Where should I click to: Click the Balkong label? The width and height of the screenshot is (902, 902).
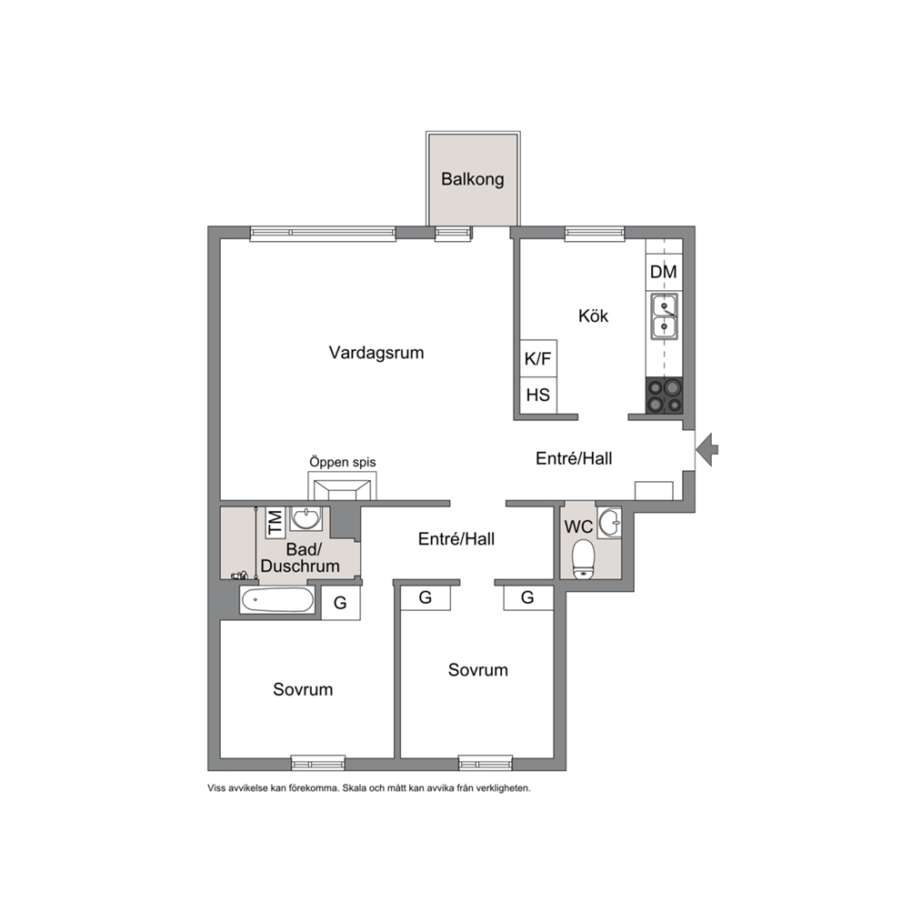pyautogui.click(x=472, y=179)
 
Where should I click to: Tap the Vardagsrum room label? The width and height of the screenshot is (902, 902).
pyautogui.click(x=376, y=352)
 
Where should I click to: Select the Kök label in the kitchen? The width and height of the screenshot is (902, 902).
pyautogui.click(x=593, y=316)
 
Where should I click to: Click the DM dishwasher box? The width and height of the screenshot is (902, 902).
pyautogui.click(x=664, y=272)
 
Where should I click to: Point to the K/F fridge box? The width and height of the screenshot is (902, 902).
pyautogui.click(x=538, y=358)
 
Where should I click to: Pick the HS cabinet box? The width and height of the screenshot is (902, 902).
pyautogui.click(x=538, y=396)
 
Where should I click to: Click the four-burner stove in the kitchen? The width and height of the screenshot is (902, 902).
pyautogui.click(x=665, y=396)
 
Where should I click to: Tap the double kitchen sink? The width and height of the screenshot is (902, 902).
pyautogui.click(x=664, y=316)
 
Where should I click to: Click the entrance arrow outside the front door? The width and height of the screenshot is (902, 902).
pyautogui.click(x=707, y=448)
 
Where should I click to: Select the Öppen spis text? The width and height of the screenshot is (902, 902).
pyautogui.click(x=342, y=462)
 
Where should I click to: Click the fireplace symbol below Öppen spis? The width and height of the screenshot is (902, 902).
pyautogui.click(x=342, y=486)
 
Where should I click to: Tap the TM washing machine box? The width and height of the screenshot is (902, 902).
pyautogui.click(x=275, y=522)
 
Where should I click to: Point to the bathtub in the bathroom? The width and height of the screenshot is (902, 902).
pyautogui.click(x=277, y=601)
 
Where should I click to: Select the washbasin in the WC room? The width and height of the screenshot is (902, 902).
pyautogui.click(x=609, y=523)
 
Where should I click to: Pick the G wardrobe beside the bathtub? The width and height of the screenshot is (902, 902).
pyautogui.click(x=341, y=602)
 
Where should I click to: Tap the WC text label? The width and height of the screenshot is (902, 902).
pyautogui.click(x=578, y=527)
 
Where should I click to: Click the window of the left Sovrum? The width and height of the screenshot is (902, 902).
pyautogui.click(x=318, y=763)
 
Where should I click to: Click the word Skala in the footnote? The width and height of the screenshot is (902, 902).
pyautogui.click(x=355, y=788)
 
